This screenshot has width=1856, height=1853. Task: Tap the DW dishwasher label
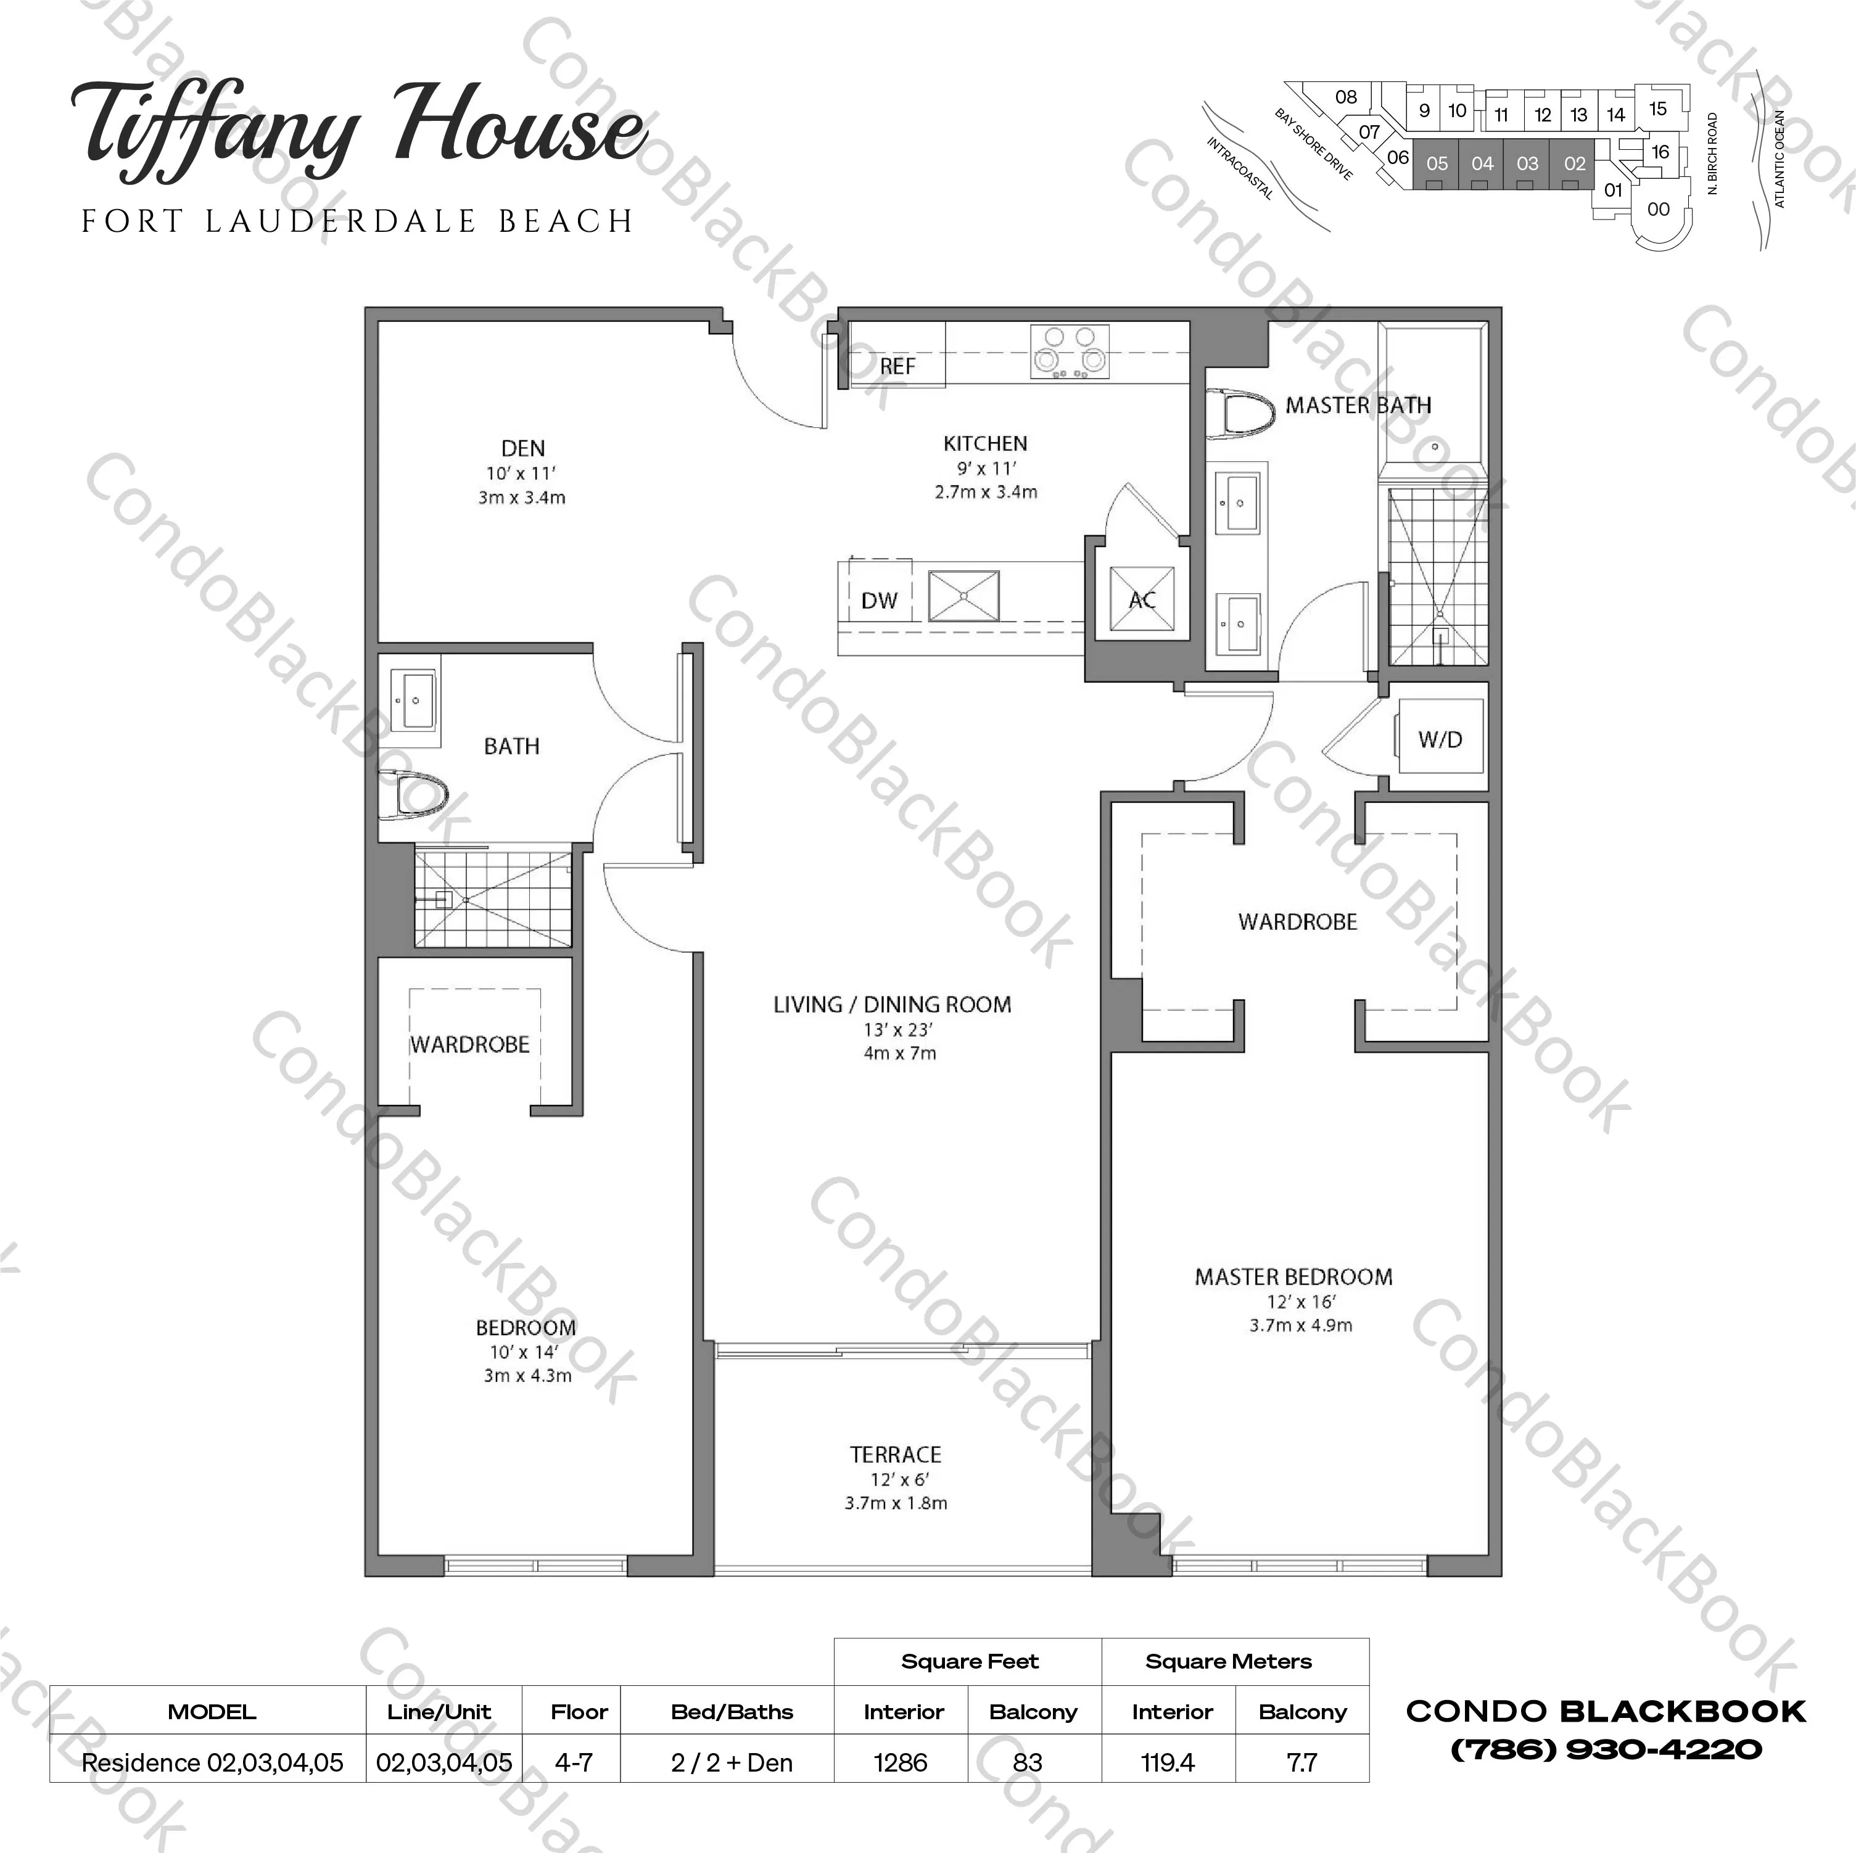pyautogui.click(x=879, y=601)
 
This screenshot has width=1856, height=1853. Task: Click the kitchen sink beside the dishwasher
pyautogui.click(x=963, y=596)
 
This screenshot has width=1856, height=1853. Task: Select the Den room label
pyautogui.click(x=522, y=448)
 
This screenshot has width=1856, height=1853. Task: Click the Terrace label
pyautogui.click(x=896, y=1455)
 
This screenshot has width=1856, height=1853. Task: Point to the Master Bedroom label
pyautogui.click(x=1293, y=1276)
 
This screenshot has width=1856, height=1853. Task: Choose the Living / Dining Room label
pyautogui.click(x=893, y=1005)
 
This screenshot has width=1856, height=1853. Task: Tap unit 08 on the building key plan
pyautogui.click(x=1346, y=97)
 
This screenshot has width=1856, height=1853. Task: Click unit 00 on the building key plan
pyautogui.click(x=1658, y=210)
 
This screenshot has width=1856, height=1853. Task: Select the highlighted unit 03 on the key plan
pyautogui.click(x=1527, y=164)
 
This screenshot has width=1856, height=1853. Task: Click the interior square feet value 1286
pyautogui.click(x=900, y=1763)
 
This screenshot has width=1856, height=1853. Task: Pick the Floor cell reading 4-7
pyautogui.click(x=574, y=1763)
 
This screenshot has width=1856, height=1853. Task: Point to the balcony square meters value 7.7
pyautogui.click(x=1301, y=1763)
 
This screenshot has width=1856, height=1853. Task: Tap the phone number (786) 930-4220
pyautogui.click(x=1606, y=1749)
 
